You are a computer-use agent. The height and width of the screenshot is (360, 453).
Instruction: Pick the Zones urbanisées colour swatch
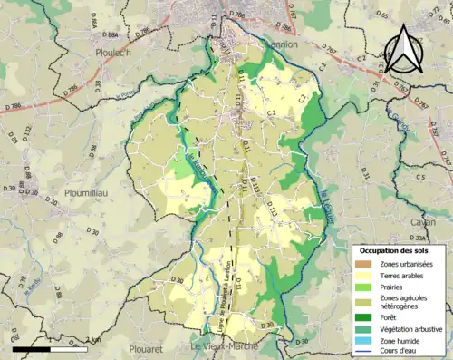coord(365,263)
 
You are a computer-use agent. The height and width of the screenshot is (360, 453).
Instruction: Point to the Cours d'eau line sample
coord(365,351)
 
